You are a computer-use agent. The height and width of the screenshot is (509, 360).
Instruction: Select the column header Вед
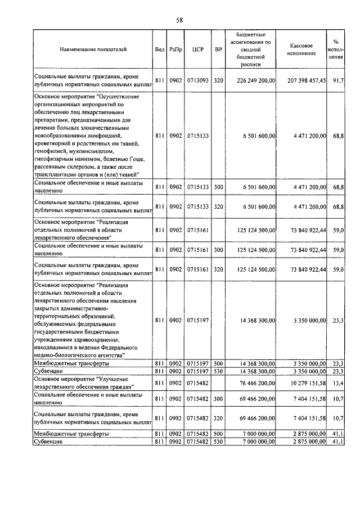(x=159, y=49)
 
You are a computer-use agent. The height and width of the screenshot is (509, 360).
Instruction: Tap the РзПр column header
(x=175, y=49)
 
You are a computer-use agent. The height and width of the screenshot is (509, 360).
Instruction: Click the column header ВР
(x=218, y=49)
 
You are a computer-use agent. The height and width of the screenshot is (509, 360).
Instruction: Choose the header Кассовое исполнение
(x=305, y=49)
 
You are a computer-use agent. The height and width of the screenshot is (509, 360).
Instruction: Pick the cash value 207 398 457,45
(x=305, y=80)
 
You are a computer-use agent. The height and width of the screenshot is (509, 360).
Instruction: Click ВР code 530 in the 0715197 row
(x=218, y=372)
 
